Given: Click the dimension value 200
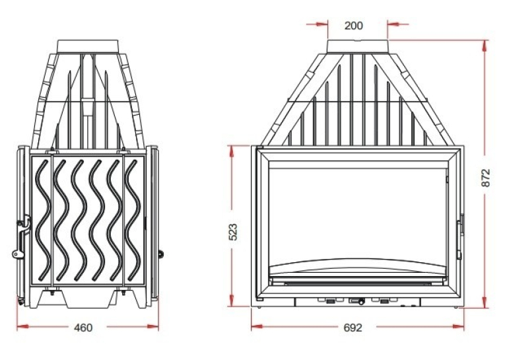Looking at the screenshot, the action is pos(353,26).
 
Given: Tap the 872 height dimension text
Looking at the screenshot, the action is pos(486,178).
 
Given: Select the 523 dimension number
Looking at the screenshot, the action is pos(232,232).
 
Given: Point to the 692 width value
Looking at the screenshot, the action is pos(353,328).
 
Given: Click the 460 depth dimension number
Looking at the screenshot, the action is pos(83,328).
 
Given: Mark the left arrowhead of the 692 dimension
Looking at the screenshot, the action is pos(257,327).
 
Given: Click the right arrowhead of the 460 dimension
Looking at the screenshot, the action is pos(153,327).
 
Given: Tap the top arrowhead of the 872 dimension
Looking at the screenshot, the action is pos(485,46).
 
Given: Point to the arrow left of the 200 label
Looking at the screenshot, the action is pos(317,24).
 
